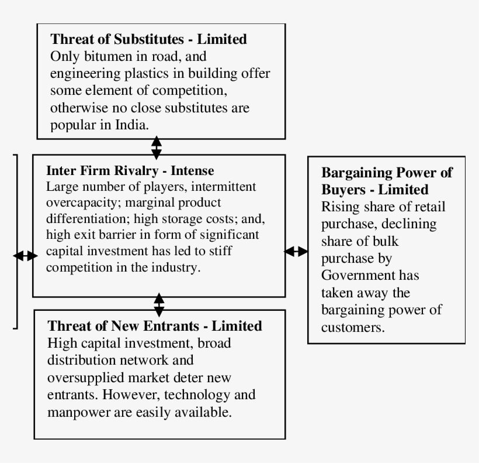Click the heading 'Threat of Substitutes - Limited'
[x=148, y=40]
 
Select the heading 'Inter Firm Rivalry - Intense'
[x=130, y=171]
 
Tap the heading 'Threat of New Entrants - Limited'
[x=154, y=325]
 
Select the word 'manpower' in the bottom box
[x=77, y=411]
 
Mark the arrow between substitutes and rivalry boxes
[x=156, y=147]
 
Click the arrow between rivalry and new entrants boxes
[x=159, y=304]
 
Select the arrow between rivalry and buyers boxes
[x=296, y=251]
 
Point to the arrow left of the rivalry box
[x=25, y=256]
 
